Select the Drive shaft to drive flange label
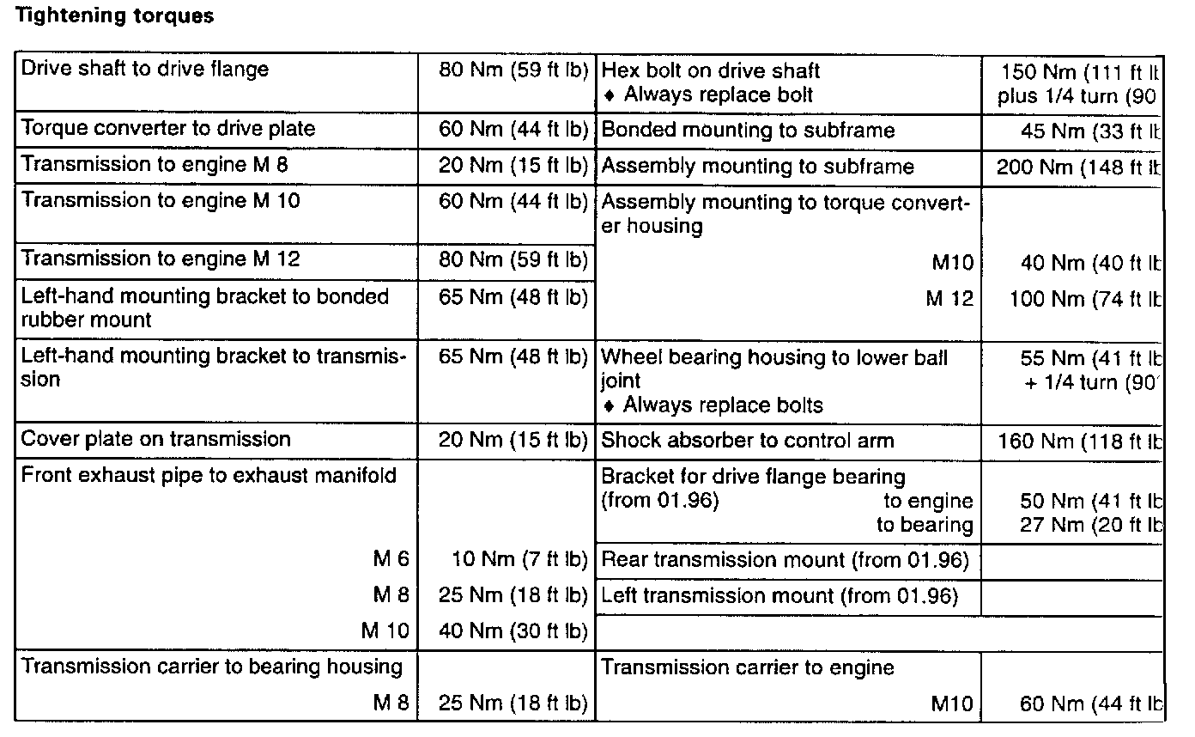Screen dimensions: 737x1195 click(144, 70)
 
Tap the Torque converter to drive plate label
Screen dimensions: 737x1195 click(168, 129)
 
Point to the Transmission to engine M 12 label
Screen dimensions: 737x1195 click(161, 259)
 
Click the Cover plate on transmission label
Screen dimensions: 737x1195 click(155, 440)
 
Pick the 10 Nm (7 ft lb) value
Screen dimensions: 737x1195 click(519, 560)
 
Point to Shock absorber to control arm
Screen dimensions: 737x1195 click(748, 442)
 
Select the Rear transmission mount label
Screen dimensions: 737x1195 click(785, 561)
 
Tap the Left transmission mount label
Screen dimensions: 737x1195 click(779, 595)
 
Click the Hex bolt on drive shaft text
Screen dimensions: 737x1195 click(711, 70)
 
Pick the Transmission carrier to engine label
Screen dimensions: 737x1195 click(748, 667)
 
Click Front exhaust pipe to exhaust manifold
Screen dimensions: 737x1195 click(209, 475)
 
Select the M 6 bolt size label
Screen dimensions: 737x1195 click(391, 560)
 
